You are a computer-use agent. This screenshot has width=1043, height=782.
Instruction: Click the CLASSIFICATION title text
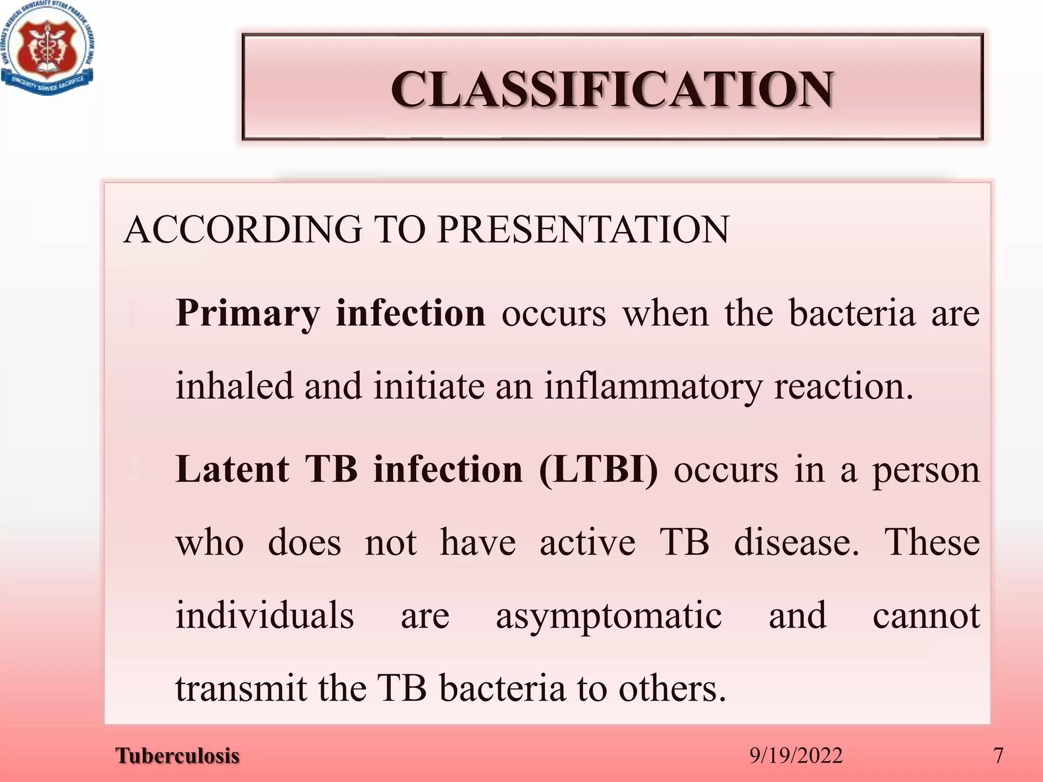tap(612, 89)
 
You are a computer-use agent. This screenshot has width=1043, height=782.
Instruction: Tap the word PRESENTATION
tap(583, 230)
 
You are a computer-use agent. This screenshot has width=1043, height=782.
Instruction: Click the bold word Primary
tap(248, 313)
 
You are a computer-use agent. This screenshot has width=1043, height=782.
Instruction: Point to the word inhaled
tap(234, 386)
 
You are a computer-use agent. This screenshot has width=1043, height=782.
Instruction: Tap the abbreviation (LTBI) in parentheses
tap(598, 469)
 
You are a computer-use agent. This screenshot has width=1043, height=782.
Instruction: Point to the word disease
tap(797, 543)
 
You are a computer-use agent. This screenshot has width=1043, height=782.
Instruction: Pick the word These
tap(932, 543)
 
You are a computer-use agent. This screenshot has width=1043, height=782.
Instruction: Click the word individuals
tap(264, 615)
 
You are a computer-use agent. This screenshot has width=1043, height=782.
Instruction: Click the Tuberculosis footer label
tap(177, 756)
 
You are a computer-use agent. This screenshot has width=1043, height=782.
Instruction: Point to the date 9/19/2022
tap(796, 756)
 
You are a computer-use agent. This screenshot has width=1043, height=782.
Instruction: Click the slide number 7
tap(998, 756)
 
